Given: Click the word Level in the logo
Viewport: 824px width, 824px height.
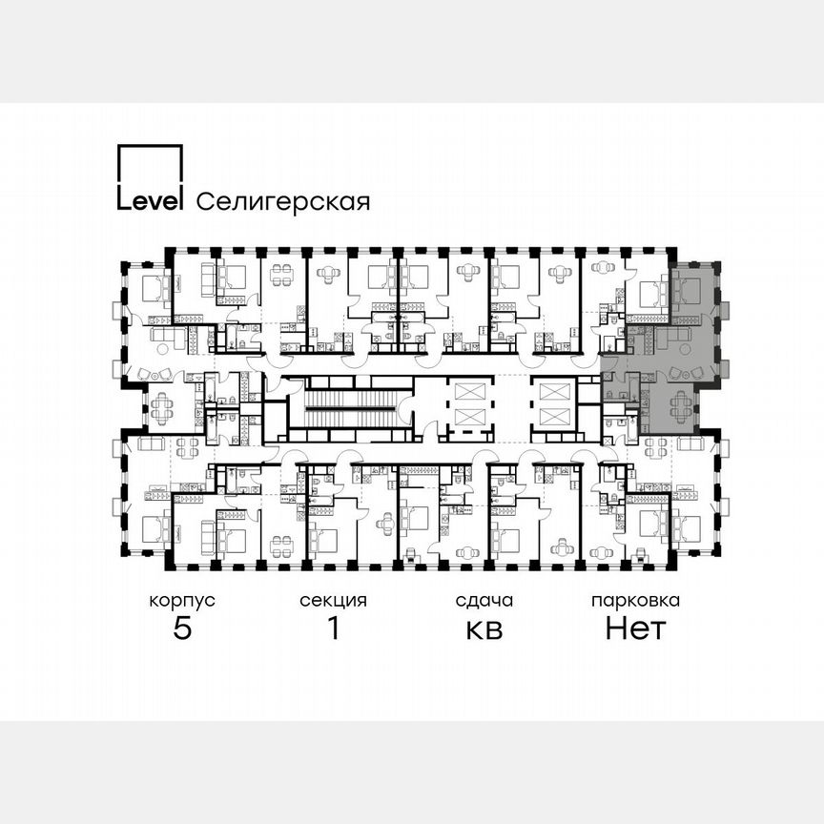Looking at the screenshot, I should (x=149, y=200).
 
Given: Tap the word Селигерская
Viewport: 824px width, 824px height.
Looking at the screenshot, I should (x=282, y=201).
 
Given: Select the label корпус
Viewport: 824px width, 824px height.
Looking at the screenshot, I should (x=181, y=601).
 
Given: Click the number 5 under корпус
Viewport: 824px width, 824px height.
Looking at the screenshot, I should (x=181, y=629).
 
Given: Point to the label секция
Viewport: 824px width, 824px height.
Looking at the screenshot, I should (x=333, y=601).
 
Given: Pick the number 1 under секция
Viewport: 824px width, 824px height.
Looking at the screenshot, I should (x=333, y=629).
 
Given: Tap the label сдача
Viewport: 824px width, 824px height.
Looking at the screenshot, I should (x=484, y=601).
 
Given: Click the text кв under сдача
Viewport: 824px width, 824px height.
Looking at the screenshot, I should (x=484, y=629).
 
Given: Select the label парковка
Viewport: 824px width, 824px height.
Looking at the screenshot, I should (x=635, y=601).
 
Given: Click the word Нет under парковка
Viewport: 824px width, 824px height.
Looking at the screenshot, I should (x=635, y=629).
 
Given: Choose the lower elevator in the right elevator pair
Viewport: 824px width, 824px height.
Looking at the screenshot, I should (x=552, y=417).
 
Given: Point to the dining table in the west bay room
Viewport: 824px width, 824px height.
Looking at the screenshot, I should (x=160, y=408).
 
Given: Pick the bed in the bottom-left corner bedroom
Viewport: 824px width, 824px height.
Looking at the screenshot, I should (x=153, y=526).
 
